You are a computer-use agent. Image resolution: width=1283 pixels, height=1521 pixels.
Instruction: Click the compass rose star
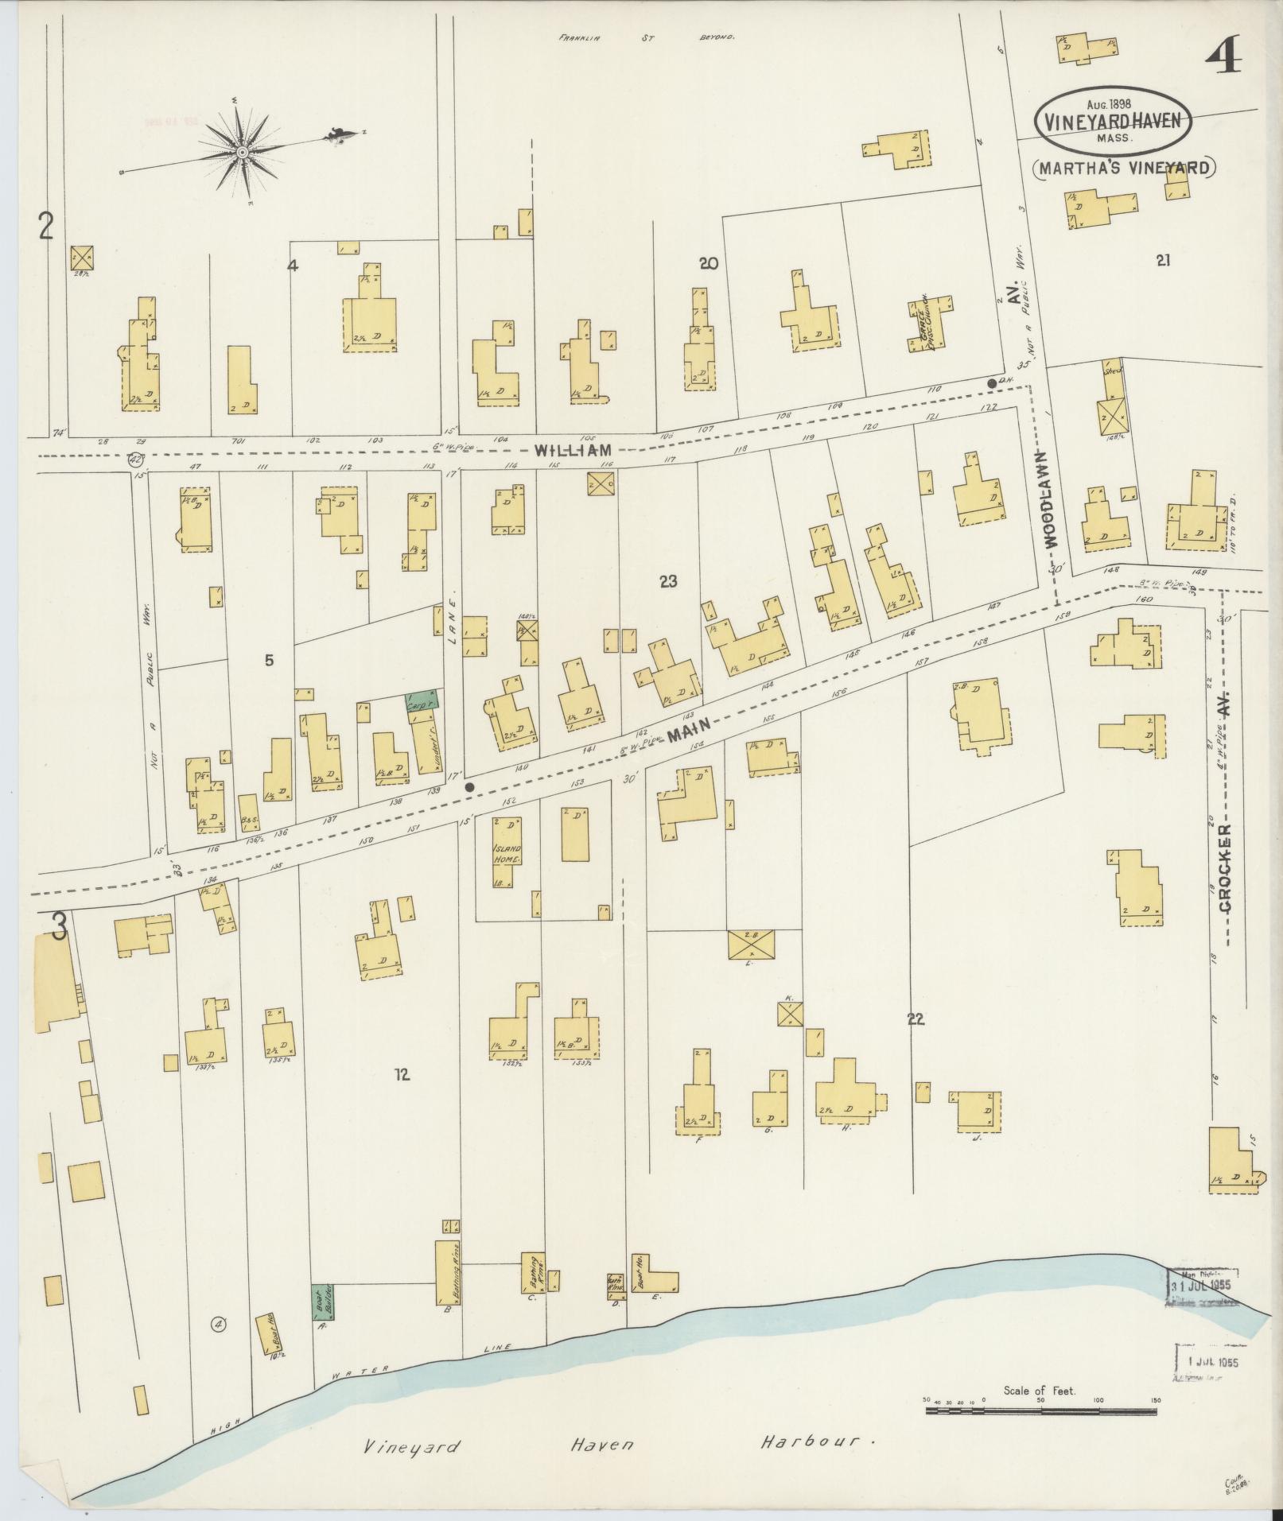[x=241, y=151]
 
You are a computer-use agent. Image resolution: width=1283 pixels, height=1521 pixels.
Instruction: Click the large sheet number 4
[x=1224, y=57]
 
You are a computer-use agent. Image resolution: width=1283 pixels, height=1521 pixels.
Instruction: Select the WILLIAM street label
[x=572, y=450]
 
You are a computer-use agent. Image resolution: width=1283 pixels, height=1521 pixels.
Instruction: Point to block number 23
[x=667, y=581]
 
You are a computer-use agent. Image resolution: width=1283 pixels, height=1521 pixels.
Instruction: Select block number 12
[x=402, y=1075]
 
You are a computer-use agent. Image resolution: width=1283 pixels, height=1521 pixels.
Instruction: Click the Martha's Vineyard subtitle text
[x=1125, y=168]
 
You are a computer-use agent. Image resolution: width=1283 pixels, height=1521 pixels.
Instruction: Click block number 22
[x=916, y=1019]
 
